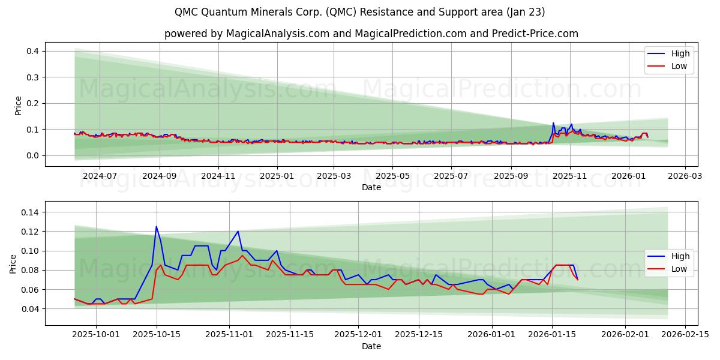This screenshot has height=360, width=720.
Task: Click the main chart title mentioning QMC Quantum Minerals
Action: click(359, 12)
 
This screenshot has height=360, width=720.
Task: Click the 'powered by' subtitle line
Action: click(371, 34)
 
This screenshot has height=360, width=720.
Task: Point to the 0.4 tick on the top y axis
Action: click(32, 52)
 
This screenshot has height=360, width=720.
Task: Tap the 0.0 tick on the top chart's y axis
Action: click(32, 155)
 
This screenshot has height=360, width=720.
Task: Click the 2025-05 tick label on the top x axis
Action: click(392, 176)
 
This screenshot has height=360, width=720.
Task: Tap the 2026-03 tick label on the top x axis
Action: click(684, 176)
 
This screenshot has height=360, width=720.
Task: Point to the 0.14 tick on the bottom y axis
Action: click(29, 212)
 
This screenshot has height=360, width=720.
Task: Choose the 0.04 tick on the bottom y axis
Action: click(29, 309)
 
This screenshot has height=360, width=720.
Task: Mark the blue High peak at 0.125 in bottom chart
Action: click(156, 227)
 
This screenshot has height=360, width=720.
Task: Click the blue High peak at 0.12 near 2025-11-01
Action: click(238, 232)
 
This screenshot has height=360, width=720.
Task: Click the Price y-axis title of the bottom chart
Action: click(13, 263)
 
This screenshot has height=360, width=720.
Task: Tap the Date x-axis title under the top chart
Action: click(371, 187)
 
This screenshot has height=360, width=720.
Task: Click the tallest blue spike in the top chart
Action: click(553, 123)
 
